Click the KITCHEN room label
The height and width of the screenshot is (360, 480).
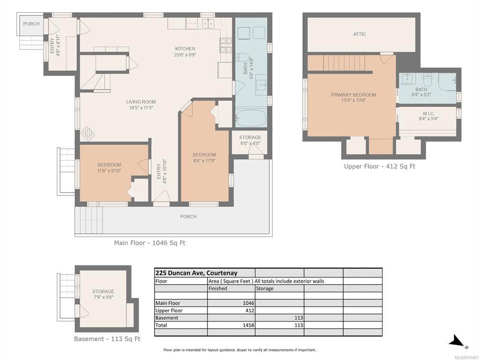185,49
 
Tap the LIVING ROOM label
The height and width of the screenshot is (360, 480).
141,102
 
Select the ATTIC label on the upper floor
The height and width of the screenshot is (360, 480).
360,34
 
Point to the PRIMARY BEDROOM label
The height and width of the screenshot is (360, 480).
353,95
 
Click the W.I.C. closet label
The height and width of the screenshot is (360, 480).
428,113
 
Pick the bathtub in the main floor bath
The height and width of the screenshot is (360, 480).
251,118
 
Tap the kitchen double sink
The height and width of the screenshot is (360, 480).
209,23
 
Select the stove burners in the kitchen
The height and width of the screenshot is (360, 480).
225,45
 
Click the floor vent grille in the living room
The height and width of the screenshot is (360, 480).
88,134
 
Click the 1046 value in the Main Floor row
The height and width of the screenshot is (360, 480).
248,303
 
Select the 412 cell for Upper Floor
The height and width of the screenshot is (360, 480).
249,310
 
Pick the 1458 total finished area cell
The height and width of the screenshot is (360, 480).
248,325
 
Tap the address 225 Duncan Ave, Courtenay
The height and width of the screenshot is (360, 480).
196,273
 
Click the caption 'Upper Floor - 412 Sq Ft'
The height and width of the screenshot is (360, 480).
380,166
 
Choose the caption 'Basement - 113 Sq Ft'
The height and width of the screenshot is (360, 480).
107,339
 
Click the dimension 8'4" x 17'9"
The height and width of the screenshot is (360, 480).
204,160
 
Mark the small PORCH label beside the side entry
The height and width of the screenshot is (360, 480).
31,23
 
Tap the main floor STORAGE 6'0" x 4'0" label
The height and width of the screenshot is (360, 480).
250,140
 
